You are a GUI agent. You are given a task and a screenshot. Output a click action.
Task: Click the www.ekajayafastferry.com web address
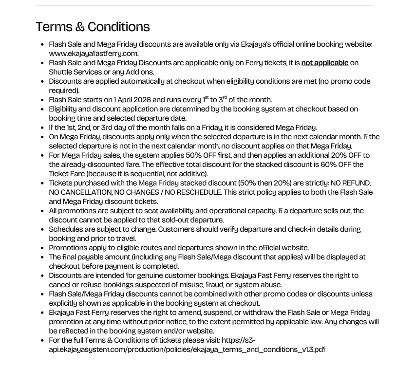[93, 54]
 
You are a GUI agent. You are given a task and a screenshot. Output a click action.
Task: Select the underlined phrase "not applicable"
[324, 63]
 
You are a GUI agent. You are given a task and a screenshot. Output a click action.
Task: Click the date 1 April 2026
[132, 100]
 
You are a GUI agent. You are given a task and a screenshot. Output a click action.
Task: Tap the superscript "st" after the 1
[207, 98]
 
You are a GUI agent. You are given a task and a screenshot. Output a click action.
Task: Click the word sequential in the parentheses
[164, 174]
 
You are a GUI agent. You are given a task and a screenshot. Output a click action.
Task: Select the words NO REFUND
[350, 183]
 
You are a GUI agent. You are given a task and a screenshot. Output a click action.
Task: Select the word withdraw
[252, 313]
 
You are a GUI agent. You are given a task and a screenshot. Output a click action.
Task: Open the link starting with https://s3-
[187, 345]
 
